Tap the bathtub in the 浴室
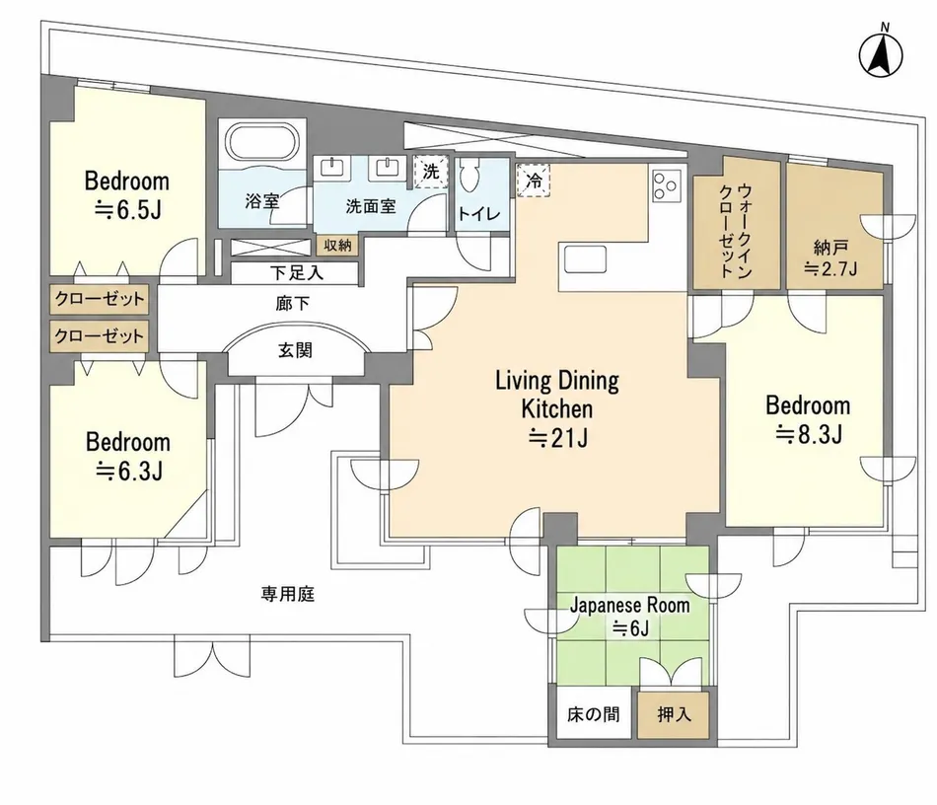pos(262,143)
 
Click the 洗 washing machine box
pos(431,172)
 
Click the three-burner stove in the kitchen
pos(667,184)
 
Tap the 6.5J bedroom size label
pos(127,210)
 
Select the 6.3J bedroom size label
pos(129,472)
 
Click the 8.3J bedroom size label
pos(809,434)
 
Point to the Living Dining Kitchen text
pos(557,395)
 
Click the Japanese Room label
pos(630,606)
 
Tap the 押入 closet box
pos(674,714)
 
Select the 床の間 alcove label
pos(594,714)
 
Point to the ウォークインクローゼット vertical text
pos(736,231)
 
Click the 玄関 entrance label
pos(295,350)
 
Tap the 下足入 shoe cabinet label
pos(297,273)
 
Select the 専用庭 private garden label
pos(287,594)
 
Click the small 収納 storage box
pos(337,245)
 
